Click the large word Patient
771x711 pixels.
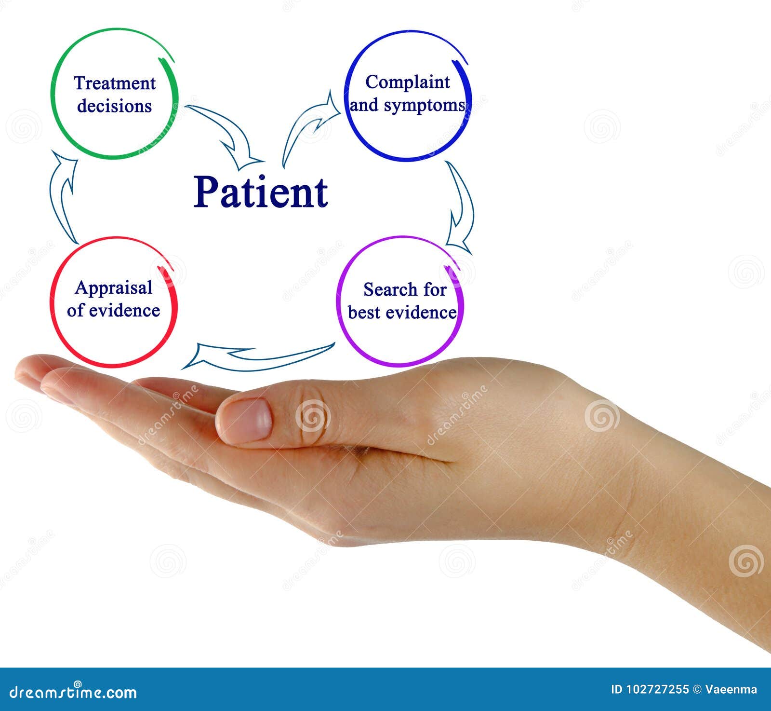tap(261, 192)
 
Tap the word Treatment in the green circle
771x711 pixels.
tap(115, 83)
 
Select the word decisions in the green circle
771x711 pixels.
tap(114, 106)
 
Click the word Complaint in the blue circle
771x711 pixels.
tap(407, 82)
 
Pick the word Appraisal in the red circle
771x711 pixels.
tap(113, 288)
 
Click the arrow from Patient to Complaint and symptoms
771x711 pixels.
tap(308, 125)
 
